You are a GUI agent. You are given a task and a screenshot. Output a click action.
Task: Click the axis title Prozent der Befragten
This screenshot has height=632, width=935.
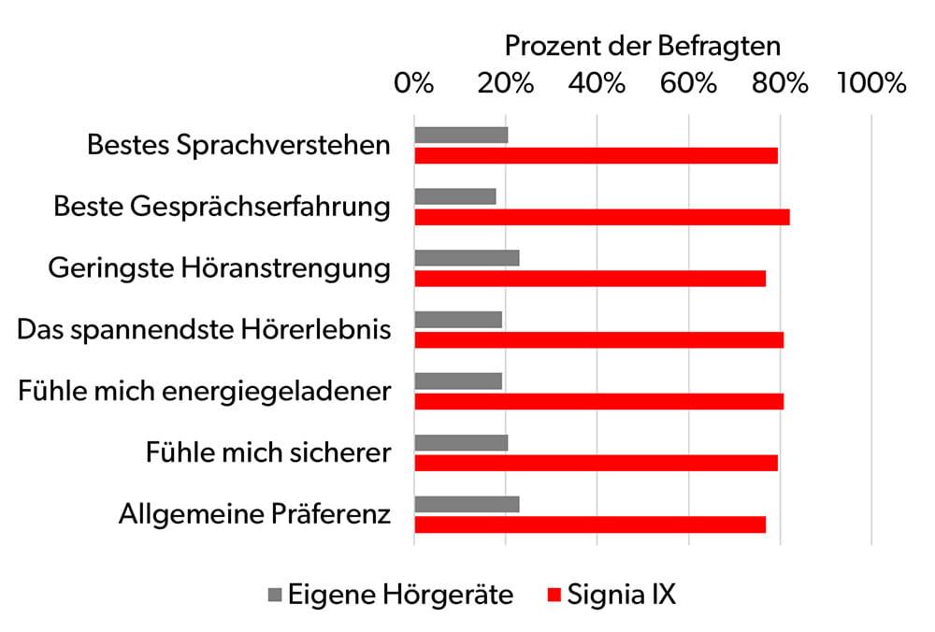[642, 45]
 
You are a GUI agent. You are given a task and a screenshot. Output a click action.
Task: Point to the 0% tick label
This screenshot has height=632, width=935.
[414, 83]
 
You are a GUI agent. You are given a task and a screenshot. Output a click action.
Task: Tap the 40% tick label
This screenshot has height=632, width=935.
[597, 83]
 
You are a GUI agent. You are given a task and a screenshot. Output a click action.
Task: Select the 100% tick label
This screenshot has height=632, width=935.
[871, 83]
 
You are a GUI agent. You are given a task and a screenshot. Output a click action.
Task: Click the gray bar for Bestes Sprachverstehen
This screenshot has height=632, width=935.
[461, 135]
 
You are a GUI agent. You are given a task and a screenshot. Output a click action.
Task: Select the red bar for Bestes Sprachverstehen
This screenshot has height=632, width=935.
[596, 155]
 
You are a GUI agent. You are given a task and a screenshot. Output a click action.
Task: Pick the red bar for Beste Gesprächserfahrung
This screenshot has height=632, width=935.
[601, 217]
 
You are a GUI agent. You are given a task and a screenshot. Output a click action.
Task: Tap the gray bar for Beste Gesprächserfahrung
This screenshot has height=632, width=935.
[454, 196]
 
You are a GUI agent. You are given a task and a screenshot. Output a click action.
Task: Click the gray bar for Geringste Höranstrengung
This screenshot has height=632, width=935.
[467, 258]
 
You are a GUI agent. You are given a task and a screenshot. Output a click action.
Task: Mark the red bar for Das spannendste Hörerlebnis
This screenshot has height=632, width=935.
[598, 340]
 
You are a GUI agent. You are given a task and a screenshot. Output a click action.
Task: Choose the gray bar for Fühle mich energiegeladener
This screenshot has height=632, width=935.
[458, 381]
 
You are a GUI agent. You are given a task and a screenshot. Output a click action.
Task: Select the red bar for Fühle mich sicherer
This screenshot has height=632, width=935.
[596, 464]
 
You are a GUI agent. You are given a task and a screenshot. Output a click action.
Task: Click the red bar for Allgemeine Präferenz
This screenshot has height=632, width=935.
[590, 524]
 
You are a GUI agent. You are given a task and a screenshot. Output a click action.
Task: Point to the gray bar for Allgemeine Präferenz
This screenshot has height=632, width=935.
[467, 505]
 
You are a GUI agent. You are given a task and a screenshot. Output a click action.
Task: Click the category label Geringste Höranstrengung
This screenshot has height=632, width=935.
[219, 268]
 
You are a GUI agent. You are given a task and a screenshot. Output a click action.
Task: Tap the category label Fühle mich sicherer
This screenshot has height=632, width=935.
[267, 453]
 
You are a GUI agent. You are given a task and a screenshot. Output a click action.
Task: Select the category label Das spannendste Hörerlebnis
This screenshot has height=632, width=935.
[204, 330]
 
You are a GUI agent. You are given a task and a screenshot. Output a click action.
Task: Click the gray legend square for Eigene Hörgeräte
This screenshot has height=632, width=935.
[274, 595]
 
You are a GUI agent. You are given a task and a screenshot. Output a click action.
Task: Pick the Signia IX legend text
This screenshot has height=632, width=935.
[621, 595]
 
